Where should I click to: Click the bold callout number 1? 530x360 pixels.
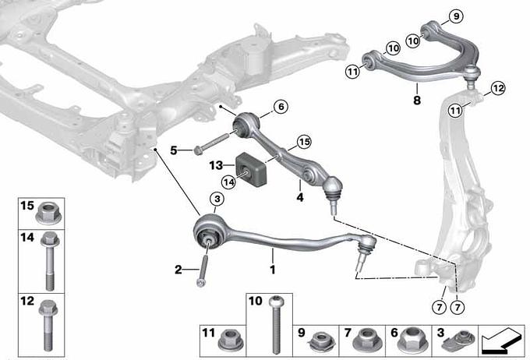pos(273,270)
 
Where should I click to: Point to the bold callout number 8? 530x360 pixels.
pos(417,100)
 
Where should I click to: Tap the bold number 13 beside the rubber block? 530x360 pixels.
pos(217,165)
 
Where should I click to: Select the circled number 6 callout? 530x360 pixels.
pos(281,107)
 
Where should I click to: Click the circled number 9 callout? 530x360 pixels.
pos(456,16)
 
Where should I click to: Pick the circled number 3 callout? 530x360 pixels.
pos(217,199)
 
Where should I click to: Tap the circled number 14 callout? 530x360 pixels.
pos(229,182)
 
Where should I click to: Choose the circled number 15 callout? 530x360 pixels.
pos(304,142)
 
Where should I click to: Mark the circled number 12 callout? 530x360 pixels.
pos(497,89)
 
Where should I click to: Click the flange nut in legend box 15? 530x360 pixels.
pos(48,214)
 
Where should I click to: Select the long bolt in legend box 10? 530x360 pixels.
pos(276,324)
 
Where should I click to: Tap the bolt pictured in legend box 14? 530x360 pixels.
pos(50,260)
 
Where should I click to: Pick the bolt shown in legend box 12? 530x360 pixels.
pos(48,325)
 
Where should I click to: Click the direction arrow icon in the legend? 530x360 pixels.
pos(501,341)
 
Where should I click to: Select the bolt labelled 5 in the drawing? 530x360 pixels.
pos(212,143)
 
